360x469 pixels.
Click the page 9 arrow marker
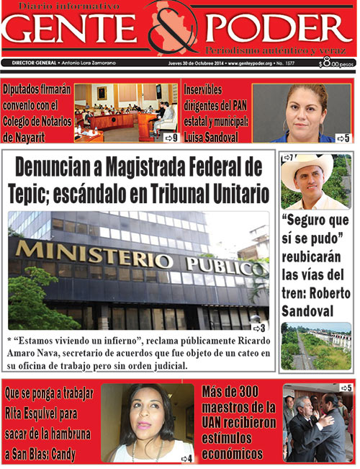point(170,137)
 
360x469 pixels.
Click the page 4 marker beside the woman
point(186,458)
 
